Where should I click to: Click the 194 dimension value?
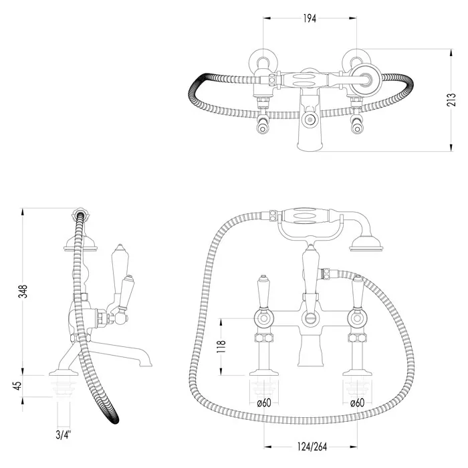(309, 19)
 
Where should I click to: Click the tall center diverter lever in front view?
(309, 267)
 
